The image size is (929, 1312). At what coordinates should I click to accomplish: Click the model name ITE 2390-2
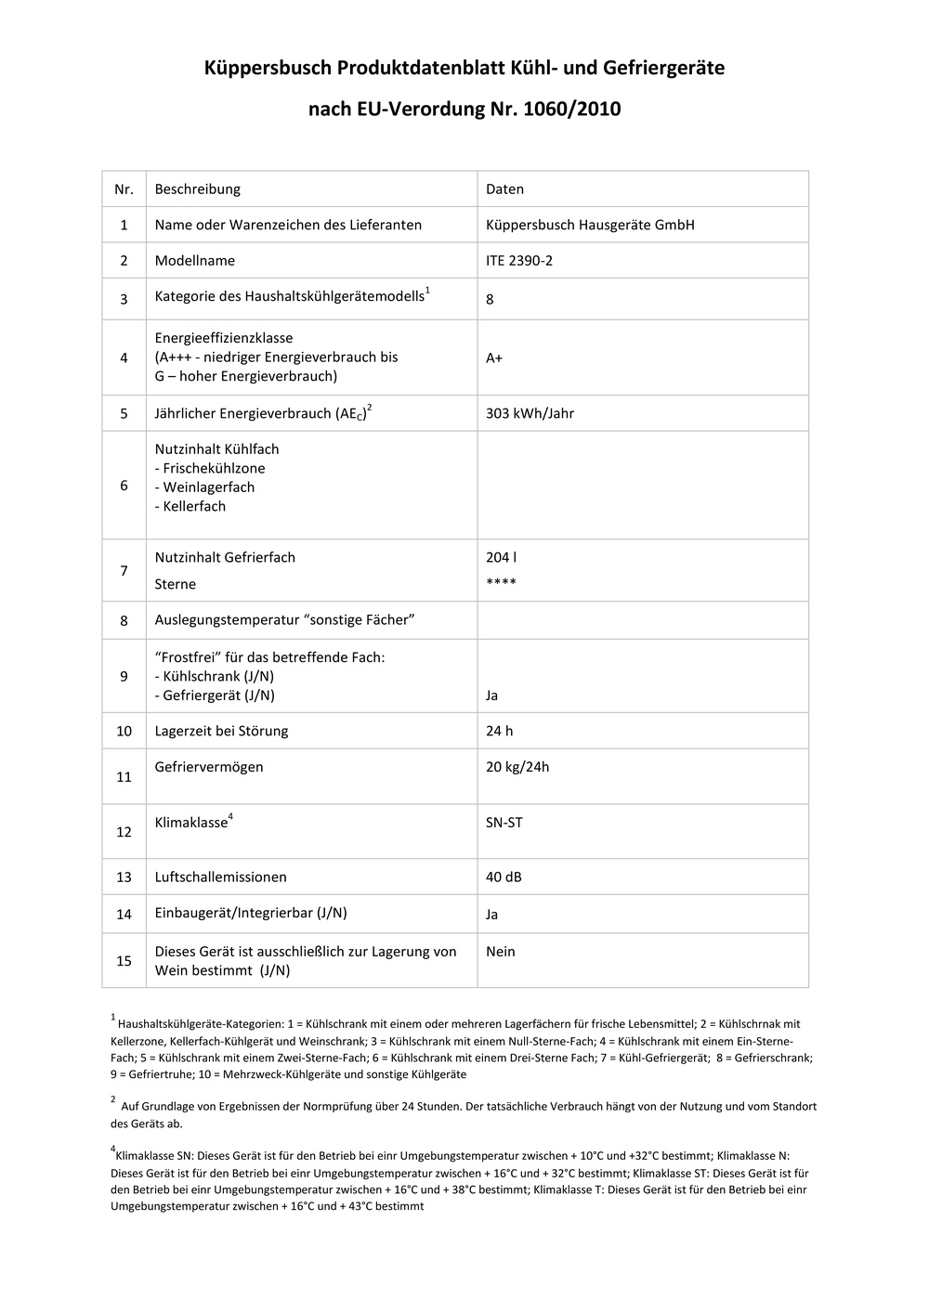click(518, 261)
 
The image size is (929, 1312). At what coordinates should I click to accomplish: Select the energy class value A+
click(494, 357)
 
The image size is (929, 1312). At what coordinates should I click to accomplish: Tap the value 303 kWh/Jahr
click(530, 413)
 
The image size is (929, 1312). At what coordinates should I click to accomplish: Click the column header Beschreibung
click(197, 189)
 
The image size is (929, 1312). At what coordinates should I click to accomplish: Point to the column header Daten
click(504, 189)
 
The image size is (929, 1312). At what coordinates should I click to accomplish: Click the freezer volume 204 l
click(501, 557)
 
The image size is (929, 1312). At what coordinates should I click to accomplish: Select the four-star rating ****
click(501, 583)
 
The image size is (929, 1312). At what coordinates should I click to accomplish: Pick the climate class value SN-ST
click(504, 823)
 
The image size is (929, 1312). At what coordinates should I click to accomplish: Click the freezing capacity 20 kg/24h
click(517, 767)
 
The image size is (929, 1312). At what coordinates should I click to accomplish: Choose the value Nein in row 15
click(500, 952)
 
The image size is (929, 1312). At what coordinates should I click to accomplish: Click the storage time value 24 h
click(499, 731)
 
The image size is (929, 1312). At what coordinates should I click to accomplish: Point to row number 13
click(124, 877)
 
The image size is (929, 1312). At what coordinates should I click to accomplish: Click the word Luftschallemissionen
click(220, 877)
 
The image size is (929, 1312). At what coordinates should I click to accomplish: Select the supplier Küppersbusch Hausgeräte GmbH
click(590, 225)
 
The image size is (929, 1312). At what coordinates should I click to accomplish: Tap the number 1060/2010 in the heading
click(572, 110)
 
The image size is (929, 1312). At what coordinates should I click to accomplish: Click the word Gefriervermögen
click(209, 767)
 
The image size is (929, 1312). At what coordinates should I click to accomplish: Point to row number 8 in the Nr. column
click(124, 620)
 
